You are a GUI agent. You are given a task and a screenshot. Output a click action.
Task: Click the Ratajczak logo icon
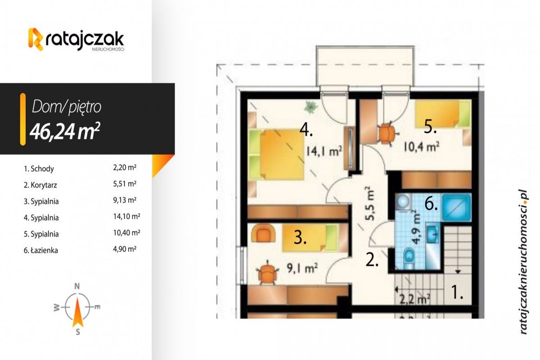(x=36, y=39)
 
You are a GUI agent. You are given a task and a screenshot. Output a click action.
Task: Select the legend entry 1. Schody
(x=39, y=169)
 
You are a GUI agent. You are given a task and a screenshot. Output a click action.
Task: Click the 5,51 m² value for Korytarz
(x=125, y=184)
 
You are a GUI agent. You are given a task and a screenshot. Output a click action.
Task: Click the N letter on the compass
(x=77, y=286)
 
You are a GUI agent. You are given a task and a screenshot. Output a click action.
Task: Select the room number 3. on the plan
(x=300, y=237)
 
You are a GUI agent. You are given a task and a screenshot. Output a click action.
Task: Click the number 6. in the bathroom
(x=431, y=205)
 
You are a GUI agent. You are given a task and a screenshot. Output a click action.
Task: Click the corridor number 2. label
(x=372, y=260)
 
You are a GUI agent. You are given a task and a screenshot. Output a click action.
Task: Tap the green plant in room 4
(x=310, y=107)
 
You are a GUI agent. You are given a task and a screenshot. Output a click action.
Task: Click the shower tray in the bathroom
(x=457, y=206)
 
